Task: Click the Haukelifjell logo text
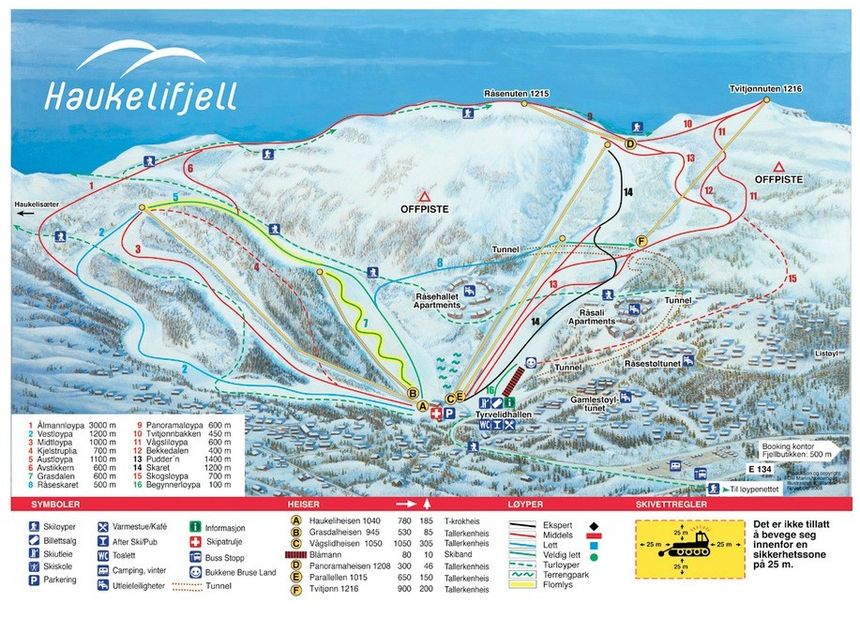(140, 94)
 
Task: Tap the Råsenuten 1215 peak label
(517, 93)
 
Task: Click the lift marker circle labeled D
(630, 145)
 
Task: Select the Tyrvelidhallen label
(500, 413)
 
